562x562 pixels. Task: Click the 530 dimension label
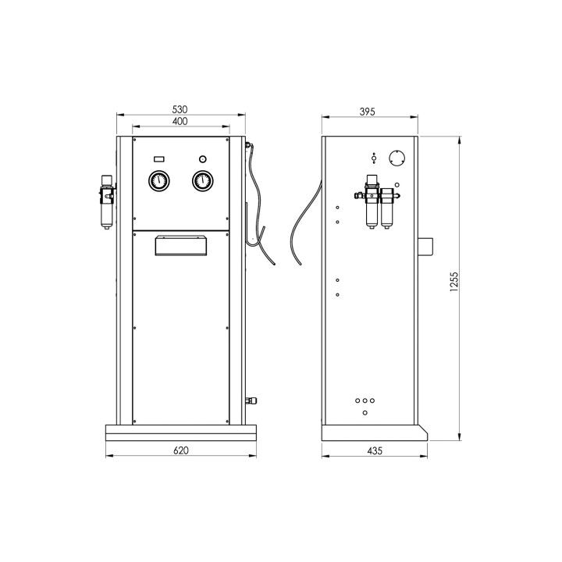pos(180,109)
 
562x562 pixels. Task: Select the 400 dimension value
pos(180,121)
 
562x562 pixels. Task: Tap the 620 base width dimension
pos(180,450)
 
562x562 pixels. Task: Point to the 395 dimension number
pos(367,112)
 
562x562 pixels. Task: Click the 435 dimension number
pos(375,450)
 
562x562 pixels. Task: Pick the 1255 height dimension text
pos(454,282)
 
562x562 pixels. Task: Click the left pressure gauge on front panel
pos(158,181)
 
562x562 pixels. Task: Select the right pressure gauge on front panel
pos(202,181)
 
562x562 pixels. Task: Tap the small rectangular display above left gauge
pos(158,158)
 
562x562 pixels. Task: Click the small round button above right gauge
pos(202,158)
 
